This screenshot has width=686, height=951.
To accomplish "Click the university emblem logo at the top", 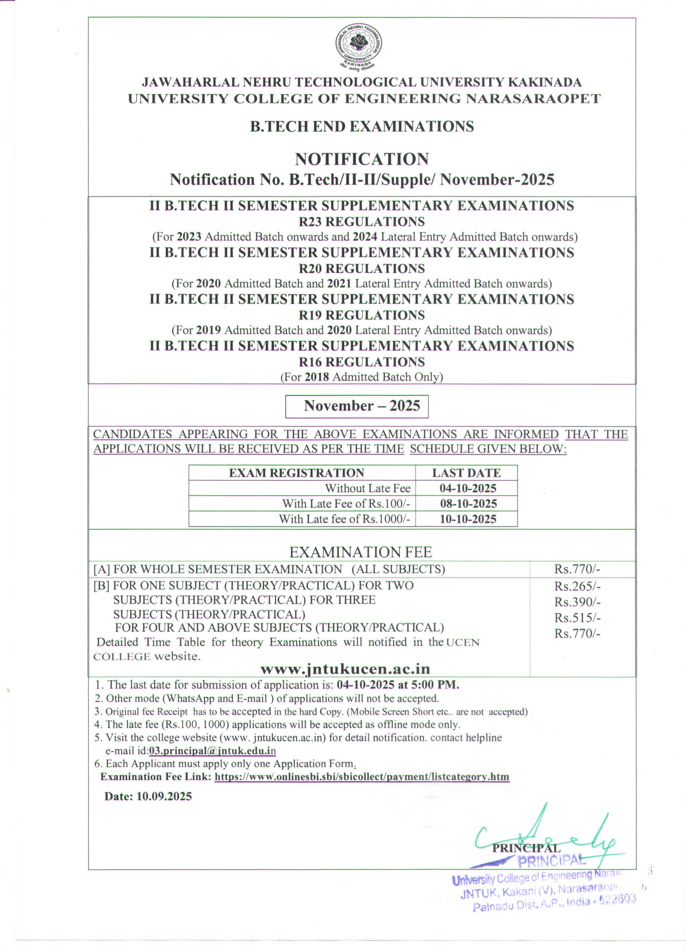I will [358, 45].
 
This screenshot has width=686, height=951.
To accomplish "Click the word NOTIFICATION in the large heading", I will [361, 159].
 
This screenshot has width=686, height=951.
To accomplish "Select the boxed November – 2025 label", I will [357, 406].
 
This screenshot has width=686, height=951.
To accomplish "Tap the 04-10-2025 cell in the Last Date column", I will [468, 488].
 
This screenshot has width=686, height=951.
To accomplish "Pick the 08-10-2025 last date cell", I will [468, 504].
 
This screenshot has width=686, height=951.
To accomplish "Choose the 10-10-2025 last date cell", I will [468, 519].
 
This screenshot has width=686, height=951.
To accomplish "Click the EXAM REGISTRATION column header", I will [296, 473].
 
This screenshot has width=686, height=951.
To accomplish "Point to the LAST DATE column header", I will [466, 473].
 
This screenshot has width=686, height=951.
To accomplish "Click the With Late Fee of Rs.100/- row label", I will [346, 504].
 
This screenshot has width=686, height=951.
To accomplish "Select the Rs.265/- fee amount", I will [578, 586].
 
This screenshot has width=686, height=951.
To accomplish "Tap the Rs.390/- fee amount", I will [578, 602].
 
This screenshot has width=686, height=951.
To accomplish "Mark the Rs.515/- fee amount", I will [578, 618].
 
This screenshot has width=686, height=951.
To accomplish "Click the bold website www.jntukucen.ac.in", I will [345, 669].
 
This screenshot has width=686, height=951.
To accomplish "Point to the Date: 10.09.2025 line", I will [148, 797].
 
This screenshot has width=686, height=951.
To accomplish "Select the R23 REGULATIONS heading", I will [361, 221].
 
